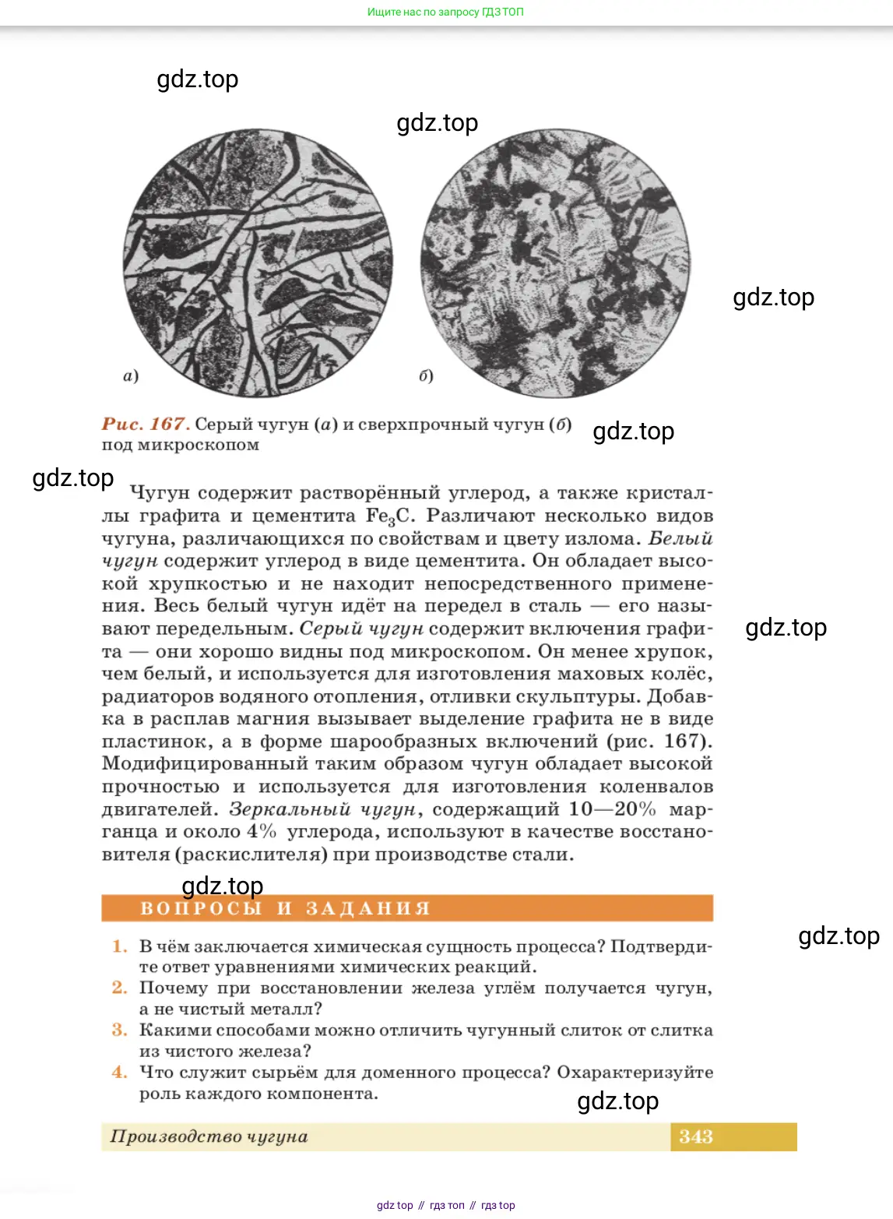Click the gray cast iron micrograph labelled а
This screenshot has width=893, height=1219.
[258, 263]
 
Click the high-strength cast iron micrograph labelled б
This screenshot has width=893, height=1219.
[555, 263]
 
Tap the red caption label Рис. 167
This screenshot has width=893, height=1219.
[146, 424]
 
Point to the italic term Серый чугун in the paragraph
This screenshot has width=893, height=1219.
[361, 629]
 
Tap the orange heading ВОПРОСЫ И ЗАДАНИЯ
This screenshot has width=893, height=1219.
[285, 908]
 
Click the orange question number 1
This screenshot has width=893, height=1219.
[119, 946]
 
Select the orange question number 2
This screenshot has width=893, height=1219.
[119, 988]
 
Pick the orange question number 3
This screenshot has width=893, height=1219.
[119, 1030]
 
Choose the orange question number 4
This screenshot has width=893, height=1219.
[119, 1072]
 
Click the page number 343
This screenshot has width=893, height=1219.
[695, 1136]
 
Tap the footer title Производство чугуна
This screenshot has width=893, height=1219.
[209, 1136]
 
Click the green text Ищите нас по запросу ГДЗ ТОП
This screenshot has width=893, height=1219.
[445, 12]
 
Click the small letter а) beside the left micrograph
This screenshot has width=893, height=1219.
[131, 376]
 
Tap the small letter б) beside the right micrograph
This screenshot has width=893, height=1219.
[426, 376]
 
